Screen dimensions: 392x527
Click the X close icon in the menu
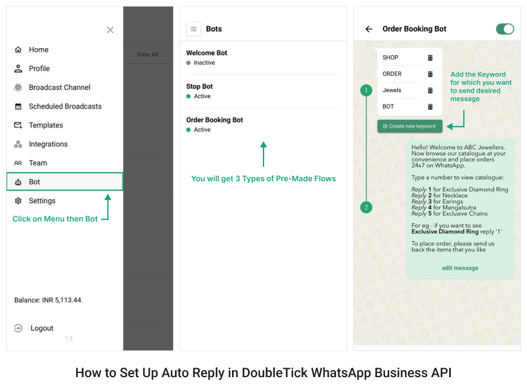tap(110, 30)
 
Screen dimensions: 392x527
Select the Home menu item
tap(39, 50)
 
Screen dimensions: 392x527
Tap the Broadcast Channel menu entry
tap(59, 87)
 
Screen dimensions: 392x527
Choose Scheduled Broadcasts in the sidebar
tap(65, 106)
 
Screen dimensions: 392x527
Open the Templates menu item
tap(46, 125)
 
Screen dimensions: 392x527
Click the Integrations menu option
tap(48, 144)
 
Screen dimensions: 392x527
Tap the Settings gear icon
tap(18, 201)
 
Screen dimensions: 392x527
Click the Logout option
tap(42, 328)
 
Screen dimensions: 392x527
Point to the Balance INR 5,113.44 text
tap(48, 301)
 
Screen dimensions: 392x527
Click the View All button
tap(148, 55)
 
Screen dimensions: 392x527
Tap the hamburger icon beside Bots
tap(193, 29)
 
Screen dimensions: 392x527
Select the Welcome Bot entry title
tap(206, 53)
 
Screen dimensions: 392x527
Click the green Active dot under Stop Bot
tap(189, 96)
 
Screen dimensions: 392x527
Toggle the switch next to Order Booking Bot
tap(505, 29)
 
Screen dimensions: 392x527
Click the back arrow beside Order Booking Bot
tap(369, 29)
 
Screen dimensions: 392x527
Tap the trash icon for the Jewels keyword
tap(430, 90)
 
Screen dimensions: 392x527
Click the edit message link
tap(460, 268)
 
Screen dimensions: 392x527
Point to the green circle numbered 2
tap(366, 207)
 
